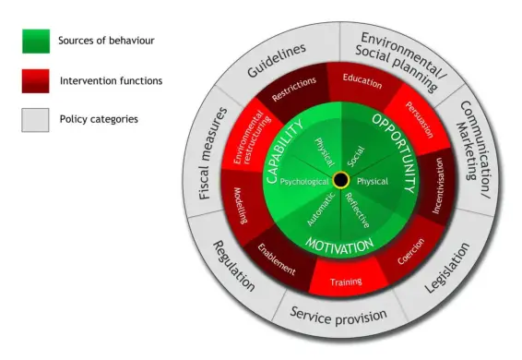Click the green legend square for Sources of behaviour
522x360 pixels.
[x=35, y=42]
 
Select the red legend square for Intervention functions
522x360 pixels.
[x=35, y=80]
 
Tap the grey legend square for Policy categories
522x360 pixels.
[x=35, y=120]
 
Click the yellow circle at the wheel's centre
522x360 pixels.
[x=340, y=178]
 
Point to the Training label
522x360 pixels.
[x=345, y=281]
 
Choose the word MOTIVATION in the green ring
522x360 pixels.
[x=339, y=246]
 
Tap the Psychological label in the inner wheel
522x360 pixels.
[x=303, y=182]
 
